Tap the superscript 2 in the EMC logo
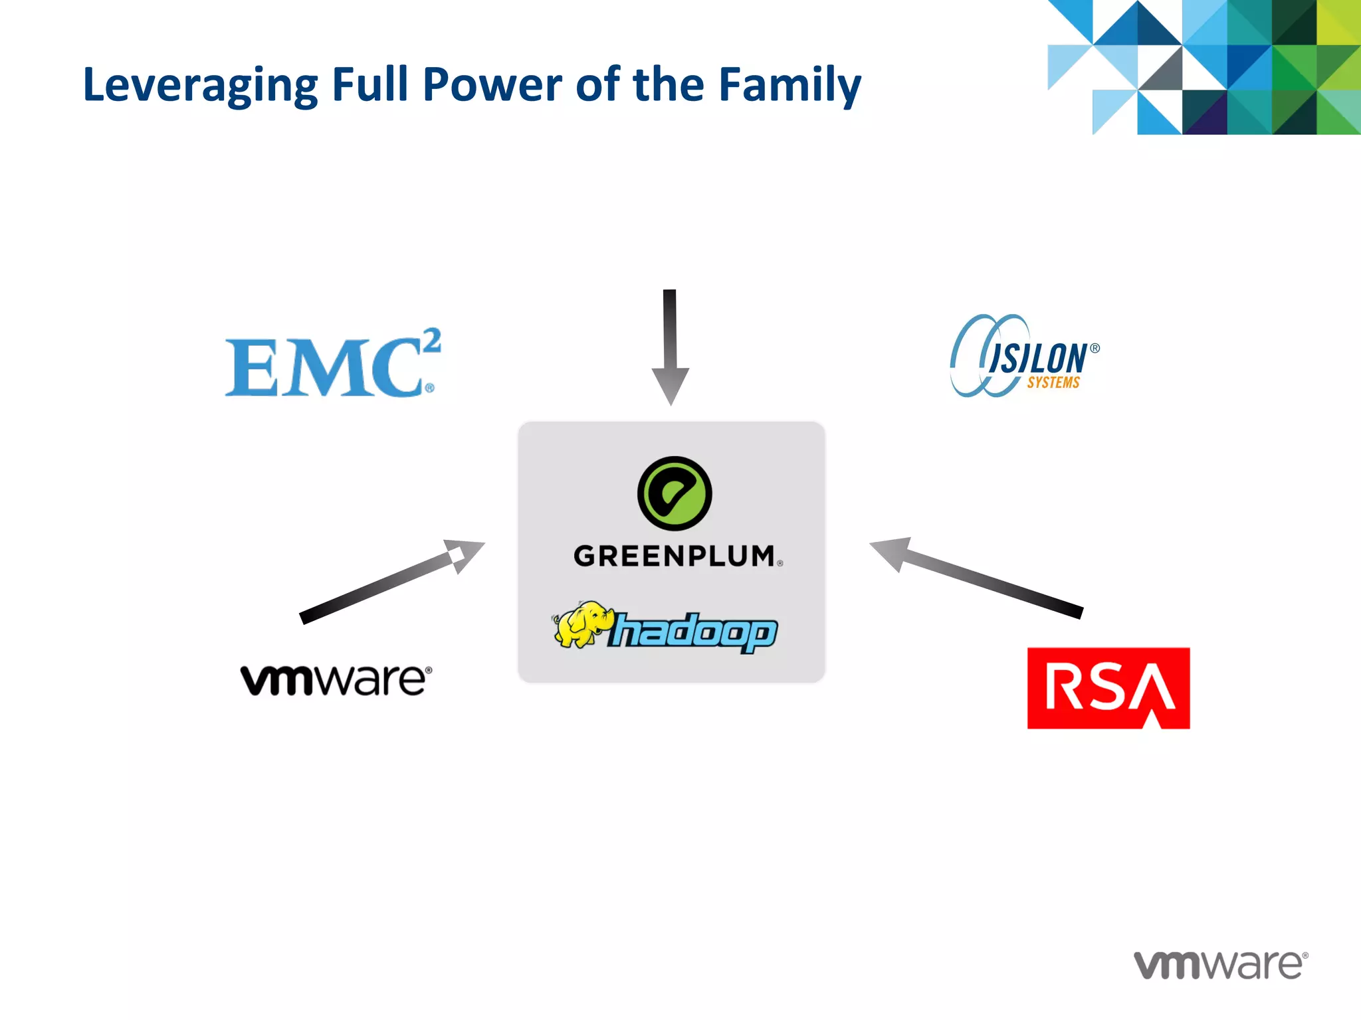click(432, 342)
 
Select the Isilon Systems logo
click(1023, 357)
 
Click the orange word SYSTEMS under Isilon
click(1053, 382)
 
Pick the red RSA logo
click(1108, 688)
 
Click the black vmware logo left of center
click(336, 680)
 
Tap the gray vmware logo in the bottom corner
click(1220, 964)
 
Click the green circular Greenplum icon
click(674, 493)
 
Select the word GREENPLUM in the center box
click(675, 556)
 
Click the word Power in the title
click(492, 84)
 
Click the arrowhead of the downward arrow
click(670, 386)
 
